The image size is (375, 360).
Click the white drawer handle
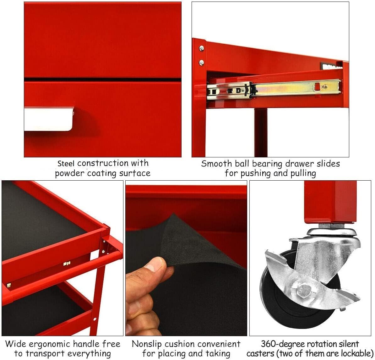point(49,119)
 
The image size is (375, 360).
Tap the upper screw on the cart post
point(202,48)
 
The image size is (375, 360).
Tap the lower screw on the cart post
point(202,63)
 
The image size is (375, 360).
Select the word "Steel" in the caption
point(66,163)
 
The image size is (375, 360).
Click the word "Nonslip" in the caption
point(147,344)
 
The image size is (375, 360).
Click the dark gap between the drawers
point(103,79)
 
